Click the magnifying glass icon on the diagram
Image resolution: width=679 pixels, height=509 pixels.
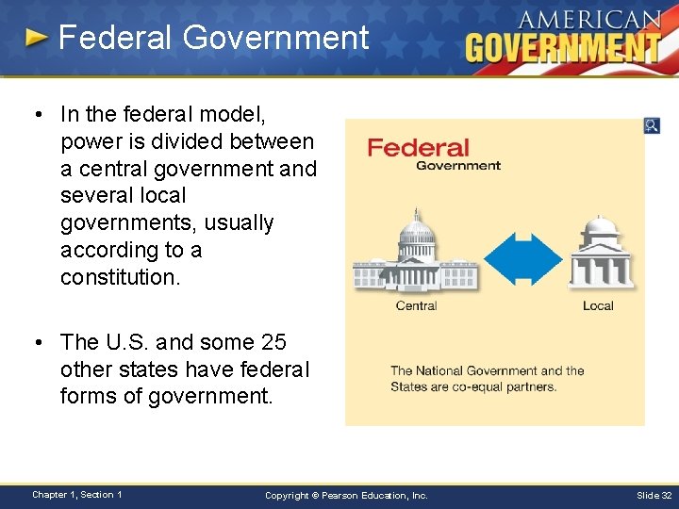coord(652,125)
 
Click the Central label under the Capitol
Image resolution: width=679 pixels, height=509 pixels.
coord(416,305)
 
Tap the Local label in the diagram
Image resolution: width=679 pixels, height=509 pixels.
coord(598,305)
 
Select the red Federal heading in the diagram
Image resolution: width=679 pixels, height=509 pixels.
coord(418,148)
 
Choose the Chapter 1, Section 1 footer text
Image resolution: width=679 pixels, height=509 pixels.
coord(76,495)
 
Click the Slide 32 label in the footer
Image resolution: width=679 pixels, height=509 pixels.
coord(654,495)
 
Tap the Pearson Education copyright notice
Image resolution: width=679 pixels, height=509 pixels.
coord(346,495)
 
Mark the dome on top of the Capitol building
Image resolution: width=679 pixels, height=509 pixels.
coord(415,227)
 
